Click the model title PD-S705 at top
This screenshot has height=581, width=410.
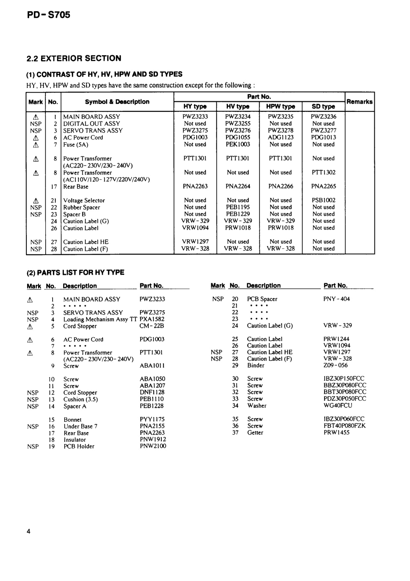pyautogui.click(x=48, y=15)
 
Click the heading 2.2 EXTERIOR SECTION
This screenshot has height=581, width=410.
pyautogui.click(x=74, y=58)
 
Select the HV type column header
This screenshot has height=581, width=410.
pyautogui.click(x=238, y=106)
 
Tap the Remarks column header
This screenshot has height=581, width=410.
pyautogui.click(x=359, y=102)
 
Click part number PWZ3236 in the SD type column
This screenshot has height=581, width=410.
pyautogui.click(x=323, y=117)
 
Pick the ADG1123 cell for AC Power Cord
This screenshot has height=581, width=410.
pyautogui.click(x=280, y=137)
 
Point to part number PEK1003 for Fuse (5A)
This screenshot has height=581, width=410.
pyautogui.click(x=238, y=144)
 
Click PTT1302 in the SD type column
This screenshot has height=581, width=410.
pyautogui.click(x=323, y=172)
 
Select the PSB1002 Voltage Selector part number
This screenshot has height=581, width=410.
pyautogui.click(x=323, y=200)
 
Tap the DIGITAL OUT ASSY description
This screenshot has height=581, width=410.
pyautogui.click(x=91, y=124)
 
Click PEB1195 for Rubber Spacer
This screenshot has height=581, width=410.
pyautogui.click(x=238, y=207)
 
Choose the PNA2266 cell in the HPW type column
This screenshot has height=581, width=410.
pyautogui.click(x=280, y=186)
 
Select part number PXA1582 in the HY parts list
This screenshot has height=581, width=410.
pyautogui.click(x=152, y=319)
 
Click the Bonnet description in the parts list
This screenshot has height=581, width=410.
pyautogui.click(x=72, y=419)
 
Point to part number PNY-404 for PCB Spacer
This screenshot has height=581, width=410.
pyautogui.click(x=336, y=299)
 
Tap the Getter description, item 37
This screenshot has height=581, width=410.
pyautogui.click(x=255, y=432)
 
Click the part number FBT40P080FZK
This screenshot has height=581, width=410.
pyautogui.click(x=344, y=426)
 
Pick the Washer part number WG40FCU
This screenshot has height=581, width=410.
pyautogui.click(x=338, y=405)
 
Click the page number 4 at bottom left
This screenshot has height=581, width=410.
pyautogui.click(x=28, y=532)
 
